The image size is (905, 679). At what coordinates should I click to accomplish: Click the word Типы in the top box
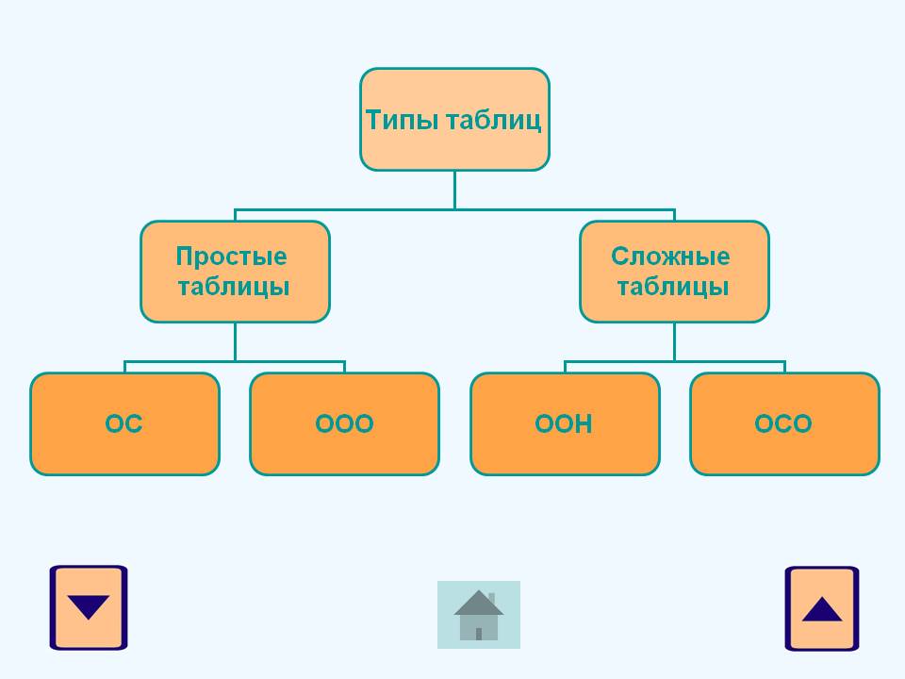pos(400,121)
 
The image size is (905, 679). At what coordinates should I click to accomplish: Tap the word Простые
pos(231,257)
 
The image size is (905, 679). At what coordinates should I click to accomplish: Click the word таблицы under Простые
pos(233,287)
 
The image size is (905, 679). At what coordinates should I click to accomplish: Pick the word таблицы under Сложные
pos(672,287)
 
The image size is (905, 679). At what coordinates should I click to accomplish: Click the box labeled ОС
pos(124,424)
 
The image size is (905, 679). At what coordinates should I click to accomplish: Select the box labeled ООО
pos(344,424)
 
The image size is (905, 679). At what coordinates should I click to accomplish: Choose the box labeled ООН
pos(564,424)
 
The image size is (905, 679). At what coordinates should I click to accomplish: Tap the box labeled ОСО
pos(783,424)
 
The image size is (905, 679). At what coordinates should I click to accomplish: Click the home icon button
pos(478,615)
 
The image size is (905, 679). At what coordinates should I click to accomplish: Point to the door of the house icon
pos(479,634)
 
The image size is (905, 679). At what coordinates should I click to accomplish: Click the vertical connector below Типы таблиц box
pos(454,189)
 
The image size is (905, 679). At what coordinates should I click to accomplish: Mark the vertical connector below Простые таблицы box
pos(235,341)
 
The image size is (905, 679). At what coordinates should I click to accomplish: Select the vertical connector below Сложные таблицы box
pos(674,341)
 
